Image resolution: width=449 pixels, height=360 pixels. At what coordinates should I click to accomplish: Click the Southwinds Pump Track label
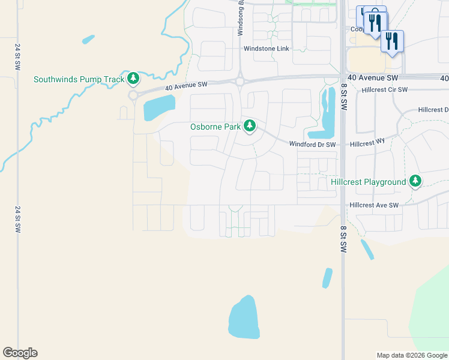pos(79,79)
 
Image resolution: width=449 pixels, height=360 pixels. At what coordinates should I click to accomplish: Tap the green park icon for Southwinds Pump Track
pos(133,79)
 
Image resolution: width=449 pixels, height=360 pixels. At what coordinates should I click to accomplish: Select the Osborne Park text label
pos(215,127)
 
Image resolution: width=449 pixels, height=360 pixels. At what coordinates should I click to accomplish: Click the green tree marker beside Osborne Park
pos(249,126)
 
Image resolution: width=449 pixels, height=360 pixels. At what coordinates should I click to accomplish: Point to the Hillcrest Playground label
pos(368,182)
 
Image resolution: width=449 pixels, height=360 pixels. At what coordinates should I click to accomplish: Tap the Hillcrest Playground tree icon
pos(415,181)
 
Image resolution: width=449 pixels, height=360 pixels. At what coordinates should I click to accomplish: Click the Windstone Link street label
pos(267,49)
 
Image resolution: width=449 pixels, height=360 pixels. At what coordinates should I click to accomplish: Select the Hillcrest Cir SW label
pos(385,90)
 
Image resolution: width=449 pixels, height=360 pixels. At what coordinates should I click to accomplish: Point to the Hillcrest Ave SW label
pos(374,205)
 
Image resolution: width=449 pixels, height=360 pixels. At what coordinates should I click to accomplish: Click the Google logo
pos(20,353)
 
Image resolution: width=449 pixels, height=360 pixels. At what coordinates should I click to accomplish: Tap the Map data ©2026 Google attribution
pos(412,355)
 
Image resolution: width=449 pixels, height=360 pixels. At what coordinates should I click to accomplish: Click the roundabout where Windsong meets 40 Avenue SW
pos(240,82)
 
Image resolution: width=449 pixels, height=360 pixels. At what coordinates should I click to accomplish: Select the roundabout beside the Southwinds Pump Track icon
pos(133,95)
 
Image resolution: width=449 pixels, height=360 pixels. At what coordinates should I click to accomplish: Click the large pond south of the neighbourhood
pos(244,317)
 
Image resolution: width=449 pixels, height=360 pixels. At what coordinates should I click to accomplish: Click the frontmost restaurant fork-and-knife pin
pos(391,41)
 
